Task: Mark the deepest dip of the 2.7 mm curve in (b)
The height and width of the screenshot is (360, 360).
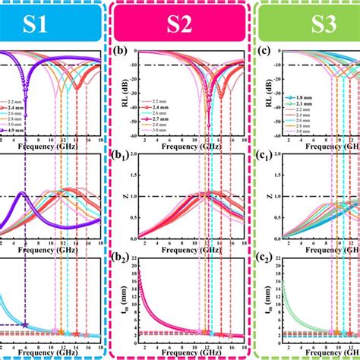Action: tap(209, 124)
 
